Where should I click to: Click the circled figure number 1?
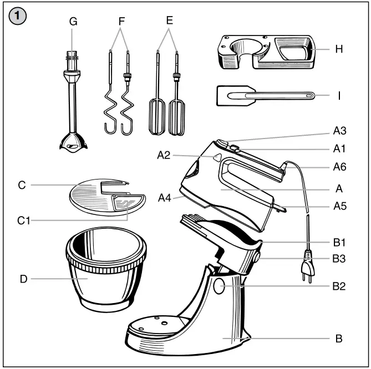19,17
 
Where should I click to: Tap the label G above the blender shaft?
73,22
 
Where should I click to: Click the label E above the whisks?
169,20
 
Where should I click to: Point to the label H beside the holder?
339,49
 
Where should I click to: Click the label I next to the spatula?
339,95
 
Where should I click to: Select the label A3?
340,131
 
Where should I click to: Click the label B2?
339,286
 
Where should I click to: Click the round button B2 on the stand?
218,286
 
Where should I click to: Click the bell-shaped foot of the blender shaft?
73,141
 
